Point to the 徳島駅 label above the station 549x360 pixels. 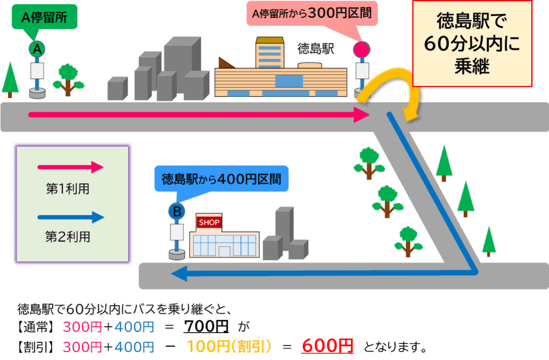tap(315, 49)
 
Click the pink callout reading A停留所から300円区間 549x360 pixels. tap(313, 14)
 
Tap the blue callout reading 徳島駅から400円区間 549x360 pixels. tap(221, 180)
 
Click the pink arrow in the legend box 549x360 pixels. tap(70, 168)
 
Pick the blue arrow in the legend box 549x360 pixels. tap(70, 217)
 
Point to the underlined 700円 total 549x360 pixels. tap(206, 327)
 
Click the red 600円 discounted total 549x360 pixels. tap(328, 346)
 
